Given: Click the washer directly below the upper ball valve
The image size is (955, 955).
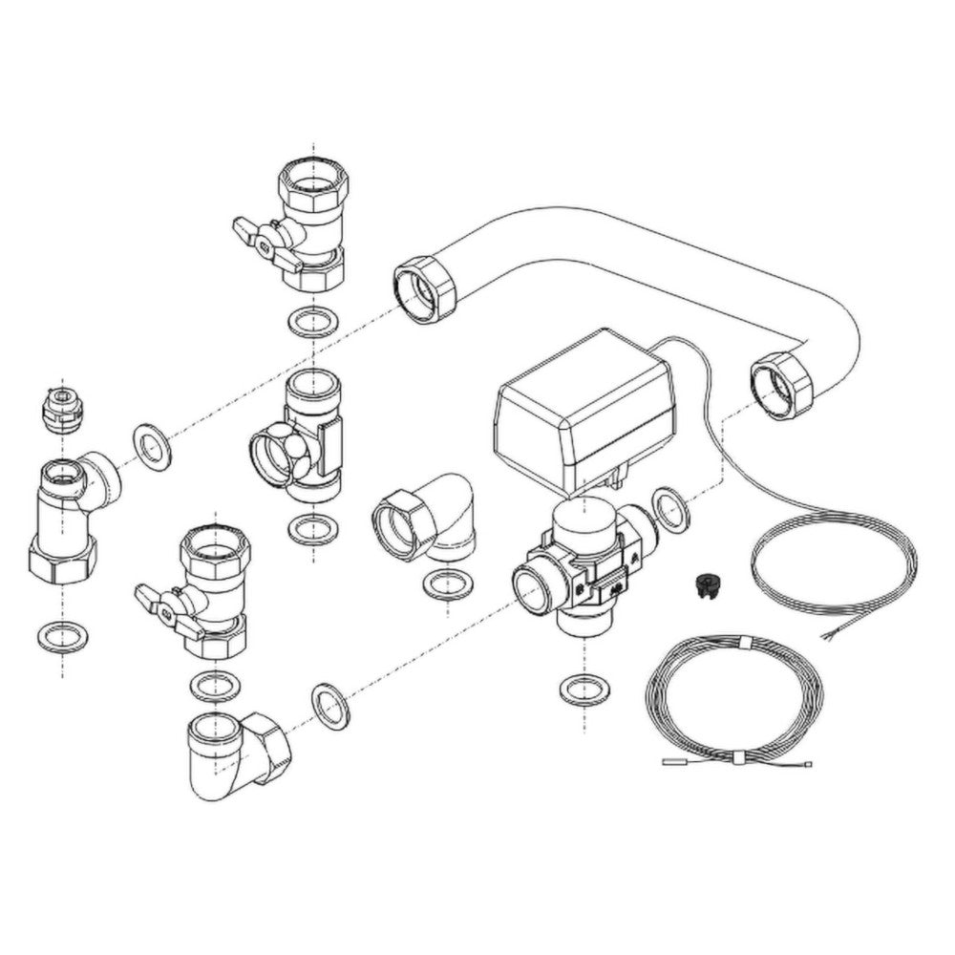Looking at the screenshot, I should point(311,322).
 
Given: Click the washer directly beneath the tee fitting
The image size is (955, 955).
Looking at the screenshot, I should point(312,528).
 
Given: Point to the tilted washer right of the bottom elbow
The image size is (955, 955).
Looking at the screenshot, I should point(331,705).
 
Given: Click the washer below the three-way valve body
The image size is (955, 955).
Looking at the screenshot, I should point(584,689).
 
